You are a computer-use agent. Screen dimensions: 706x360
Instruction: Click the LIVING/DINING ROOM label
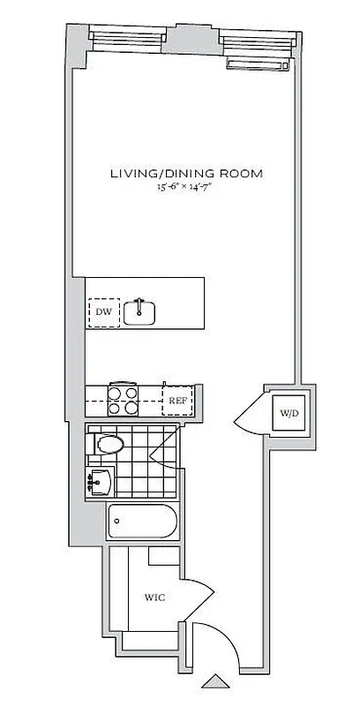pos(186,173)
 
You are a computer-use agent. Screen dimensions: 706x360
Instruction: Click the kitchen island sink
pos(139,312)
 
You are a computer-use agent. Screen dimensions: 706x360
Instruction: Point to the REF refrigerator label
pos(177,400)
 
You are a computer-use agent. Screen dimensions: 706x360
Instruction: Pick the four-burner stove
pos(123,400)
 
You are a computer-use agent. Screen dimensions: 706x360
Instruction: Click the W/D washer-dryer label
pos(289,413)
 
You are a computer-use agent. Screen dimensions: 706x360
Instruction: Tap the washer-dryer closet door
pos(251,415)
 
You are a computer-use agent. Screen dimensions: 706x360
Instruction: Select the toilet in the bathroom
pos(106,444)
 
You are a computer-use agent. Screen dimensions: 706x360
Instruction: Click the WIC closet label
pos(154,597)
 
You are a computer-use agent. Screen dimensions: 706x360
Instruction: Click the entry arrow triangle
pos(214,681)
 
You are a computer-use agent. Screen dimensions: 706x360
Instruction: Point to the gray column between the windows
pos(192,37)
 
